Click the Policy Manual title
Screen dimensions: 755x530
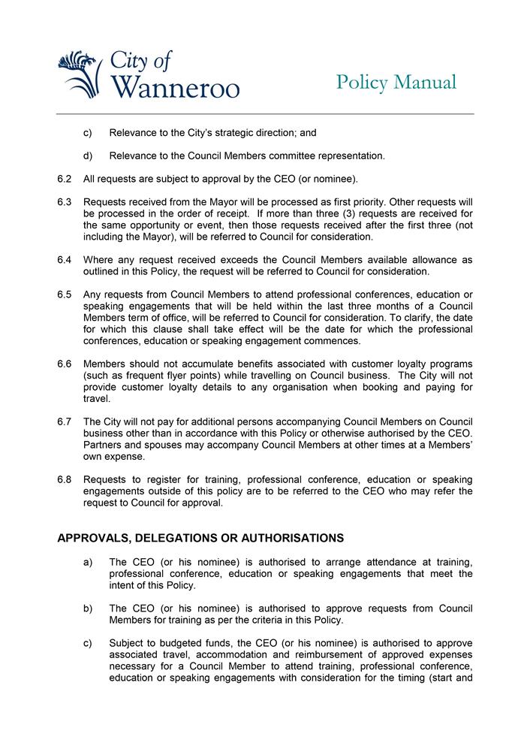(396, 82)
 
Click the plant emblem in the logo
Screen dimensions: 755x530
(80, 74)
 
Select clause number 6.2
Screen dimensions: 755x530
(64, 179)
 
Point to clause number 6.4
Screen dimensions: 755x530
(64, 260)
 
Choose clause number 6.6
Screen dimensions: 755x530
(64, 364)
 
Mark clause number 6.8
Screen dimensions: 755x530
(64, 480)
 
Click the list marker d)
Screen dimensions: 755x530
(88, 156)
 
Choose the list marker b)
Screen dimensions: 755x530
(88, 608)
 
